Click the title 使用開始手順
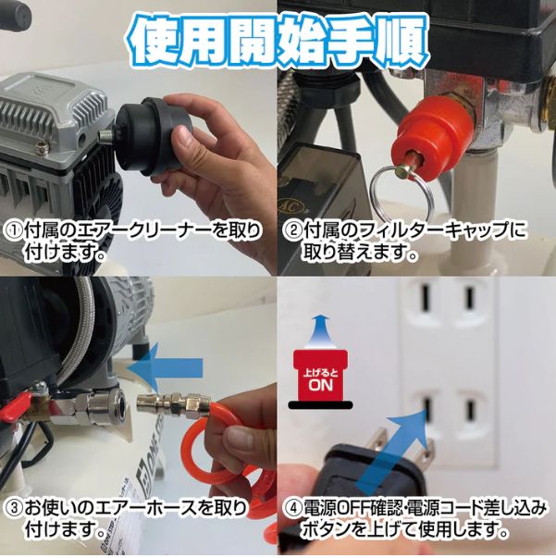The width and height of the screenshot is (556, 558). tap(278, 39)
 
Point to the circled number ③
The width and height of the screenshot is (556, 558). tap(16, 510)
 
